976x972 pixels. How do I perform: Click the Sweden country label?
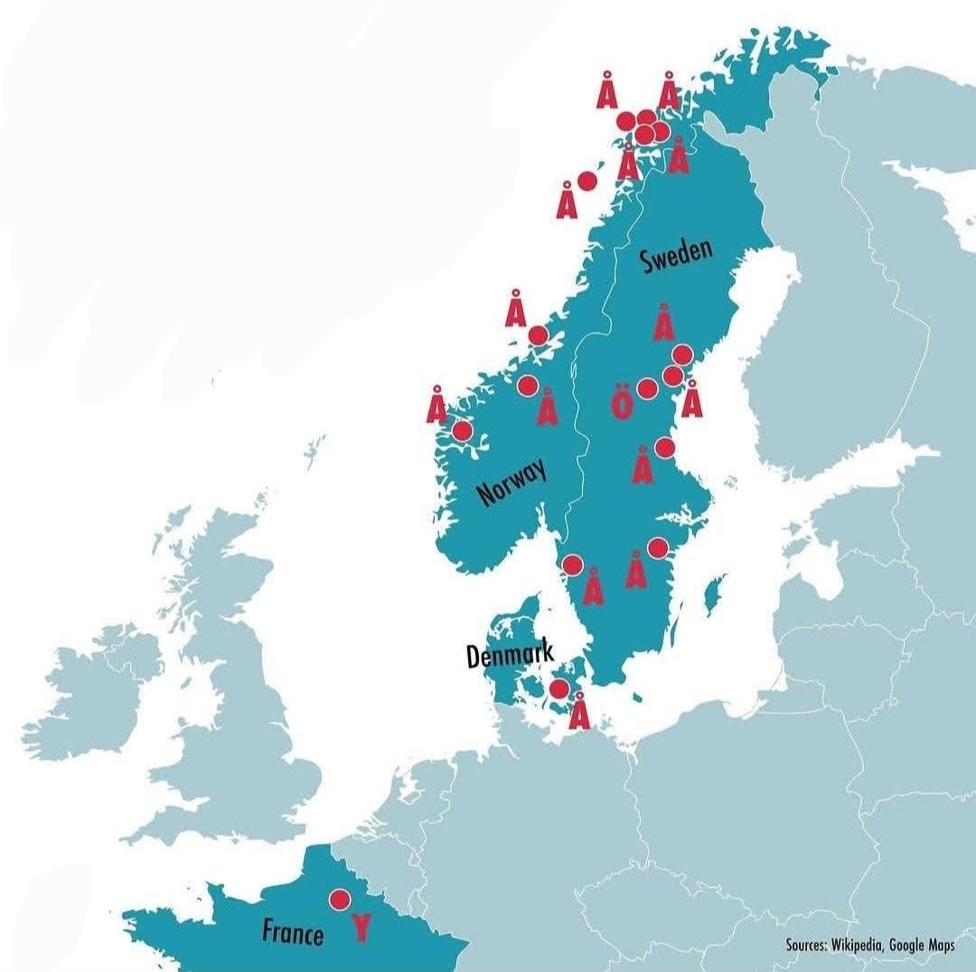676,255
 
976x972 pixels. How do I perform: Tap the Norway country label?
511,481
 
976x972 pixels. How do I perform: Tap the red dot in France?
340,900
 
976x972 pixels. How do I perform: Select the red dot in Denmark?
559,689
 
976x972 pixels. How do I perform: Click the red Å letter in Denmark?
579,710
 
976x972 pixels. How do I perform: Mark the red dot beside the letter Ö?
647,389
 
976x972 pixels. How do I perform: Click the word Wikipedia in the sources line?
853,945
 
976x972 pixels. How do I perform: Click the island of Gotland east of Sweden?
714,592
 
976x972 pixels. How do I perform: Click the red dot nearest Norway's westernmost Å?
462,430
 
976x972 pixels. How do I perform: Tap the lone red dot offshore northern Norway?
587,180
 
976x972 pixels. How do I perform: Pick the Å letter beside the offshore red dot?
567,200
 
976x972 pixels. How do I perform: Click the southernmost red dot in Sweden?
571,565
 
